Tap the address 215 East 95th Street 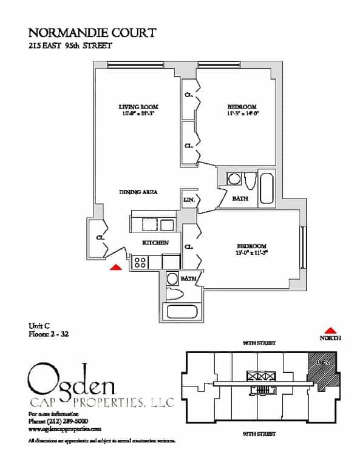tap(72, 46)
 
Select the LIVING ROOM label tap(134, 107)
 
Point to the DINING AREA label tap(138, 192)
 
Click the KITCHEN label tap(155, 243)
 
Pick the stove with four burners tap(140, 262)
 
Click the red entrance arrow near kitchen tap(115, 266)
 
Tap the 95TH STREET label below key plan tap(259, 434)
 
